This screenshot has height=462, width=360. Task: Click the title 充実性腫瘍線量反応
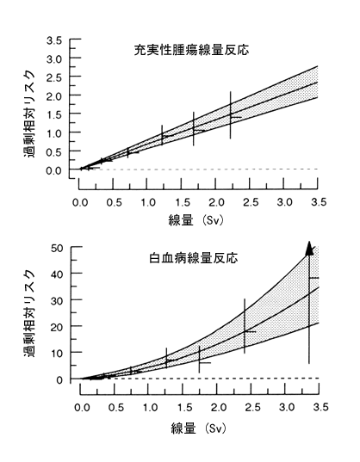coord(191,50)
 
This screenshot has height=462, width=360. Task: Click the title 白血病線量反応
coord(194,258)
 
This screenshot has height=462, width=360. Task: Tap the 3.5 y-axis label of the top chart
coord(54,40)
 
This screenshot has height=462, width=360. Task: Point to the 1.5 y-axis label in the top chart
coord(54,114)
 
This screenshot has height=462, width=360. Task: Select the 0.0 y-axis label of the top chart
coord(54,170)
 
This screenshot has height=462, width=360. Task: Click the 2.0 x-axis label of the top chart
coord(217,202)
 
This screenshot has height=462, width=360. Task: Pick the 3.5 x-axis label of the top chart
coord(319,202)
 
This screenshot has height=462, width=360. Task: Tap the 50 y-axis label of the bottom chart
coord(57,248)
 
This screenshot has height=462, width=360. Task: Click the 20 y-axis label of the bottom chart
coord(57,327)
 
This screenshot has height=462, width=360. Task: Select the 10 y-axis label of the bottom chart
coord(57,353)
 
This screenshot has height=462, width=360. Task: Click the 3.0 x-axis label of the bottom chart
coord(287,408)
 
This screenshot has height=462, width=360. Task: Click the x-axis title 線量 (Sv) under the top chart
coord(196,220)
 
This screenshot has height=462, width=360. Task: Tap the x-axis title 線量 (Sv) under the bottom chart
coord(198,428)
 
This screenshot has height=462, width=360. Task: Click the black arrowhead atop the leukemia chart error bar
coord(309,248)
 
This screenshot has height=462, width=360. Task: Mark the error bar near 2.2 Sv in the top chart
coord(231,115)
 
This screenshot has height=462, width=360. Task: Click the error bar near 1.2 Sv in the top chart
coord(162,135)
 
